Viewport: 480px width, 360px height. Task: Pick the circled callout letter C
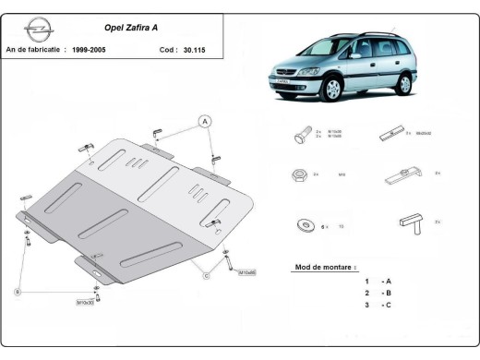[206, 274]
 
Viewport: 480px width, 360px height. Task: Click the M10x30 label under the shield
[86, 302]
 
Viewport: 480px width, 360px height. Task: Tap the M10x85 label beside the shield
[246, 272]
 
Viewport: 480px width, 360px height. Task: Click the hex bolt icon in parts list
[302, 135]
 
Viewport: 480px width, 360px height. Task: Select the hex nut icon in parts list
[301, 174]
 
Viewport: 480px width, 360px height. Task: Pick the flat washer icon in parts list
[302, 225]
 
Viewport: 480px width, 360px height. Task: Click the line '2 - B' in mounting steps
[378, 293]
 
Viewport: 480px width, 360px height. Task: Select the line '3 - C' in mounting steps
[378, 305]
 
